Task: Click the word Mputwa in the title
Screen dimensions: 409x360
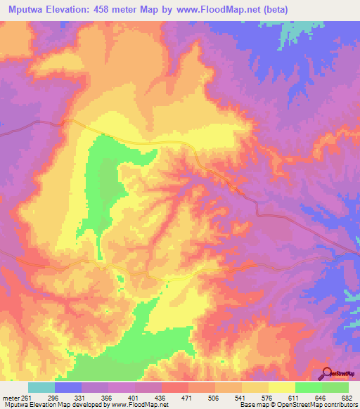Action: (x=25, y=9)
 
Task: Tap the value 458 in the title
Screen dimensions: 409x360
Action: (x=115, y=9)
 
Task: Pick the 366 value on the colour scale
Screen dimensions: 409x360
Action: (x=108, y=397)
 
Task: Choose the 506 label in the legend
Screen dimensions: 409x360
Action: (x=215, y=397)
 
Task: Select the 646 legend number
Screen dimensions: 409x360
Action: (x=321, y=397)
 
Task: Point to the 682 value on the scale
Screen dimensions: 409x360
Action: (x=346, y=397)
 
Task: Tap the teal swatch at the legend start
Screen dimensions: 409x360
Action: (x=41, y=387)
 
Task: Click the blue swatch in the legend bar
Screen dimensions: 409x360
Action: (x=68, y=387)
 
